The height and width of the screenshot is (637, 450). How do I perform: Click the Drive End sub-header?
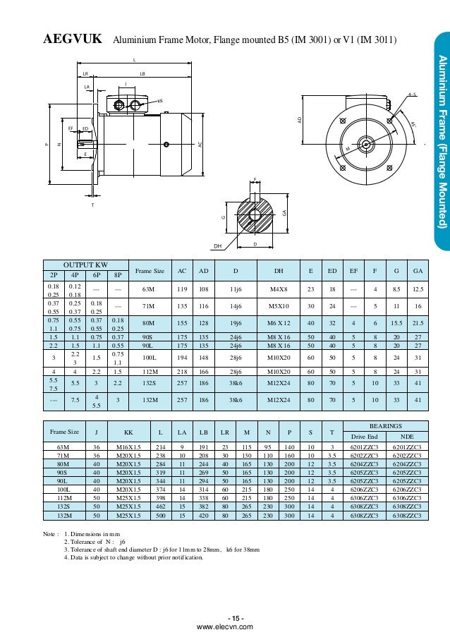coord(363,437)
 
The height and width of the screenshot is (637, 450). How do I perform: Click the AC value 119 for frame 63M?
coord(181,288)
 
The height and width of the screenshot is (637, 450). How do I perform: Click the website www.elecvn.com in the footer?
coord(225,626)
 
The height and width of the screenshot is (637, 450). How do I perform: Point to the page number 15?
coord(225,619)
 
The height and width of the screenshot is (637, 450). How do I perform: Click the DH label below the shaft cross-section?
coord(218,245)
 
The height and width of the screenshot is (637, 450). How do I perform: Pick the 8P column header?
coord(118,274)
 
